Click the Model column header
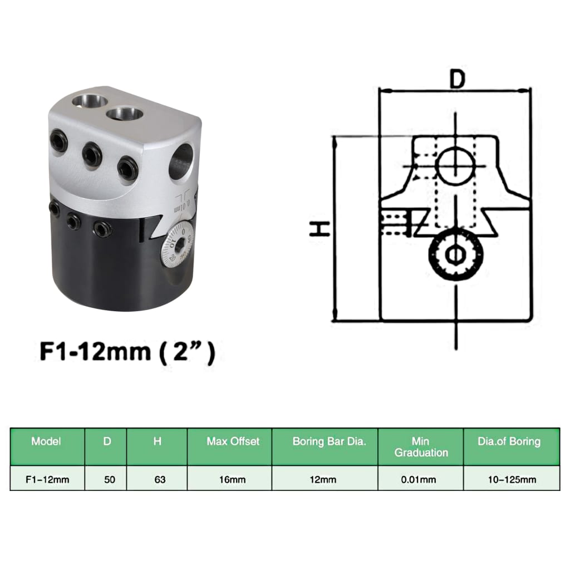46,442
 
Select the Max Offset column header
233,442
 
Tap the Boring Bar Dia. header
329,442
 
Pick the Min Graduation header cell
421,447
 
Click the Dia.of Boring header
509,442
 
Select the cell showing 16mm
233,479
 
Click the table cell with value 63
160,479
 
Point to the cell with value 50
110,479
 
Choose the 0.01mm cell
421,479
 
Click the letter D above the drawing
457,80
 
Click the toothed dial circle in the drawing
456,254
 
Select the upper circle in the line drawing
455,165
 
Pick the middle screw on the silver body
92,154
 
